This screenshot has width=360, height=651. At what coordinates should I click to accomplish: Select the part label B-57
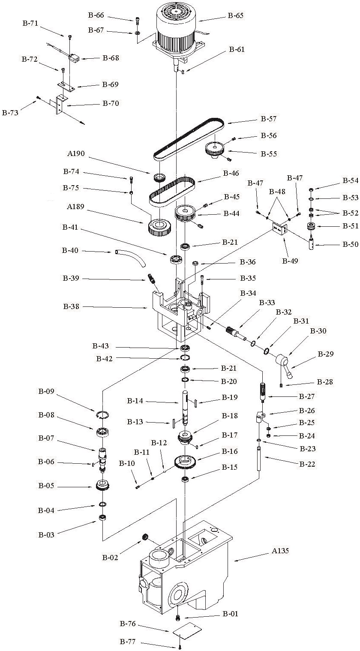269,119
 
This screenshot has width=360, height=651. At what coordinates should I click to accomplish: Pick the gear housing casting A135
184,570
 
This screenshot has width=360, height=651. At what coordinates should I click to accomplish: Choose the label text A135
280,551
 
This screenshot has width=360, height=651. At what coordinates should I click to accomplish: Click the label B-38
72,306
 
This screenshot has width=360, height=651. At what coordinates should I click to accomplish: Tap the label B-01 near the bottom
231,614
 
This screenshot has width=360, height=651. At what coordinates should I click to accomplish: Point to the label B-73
11,113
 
